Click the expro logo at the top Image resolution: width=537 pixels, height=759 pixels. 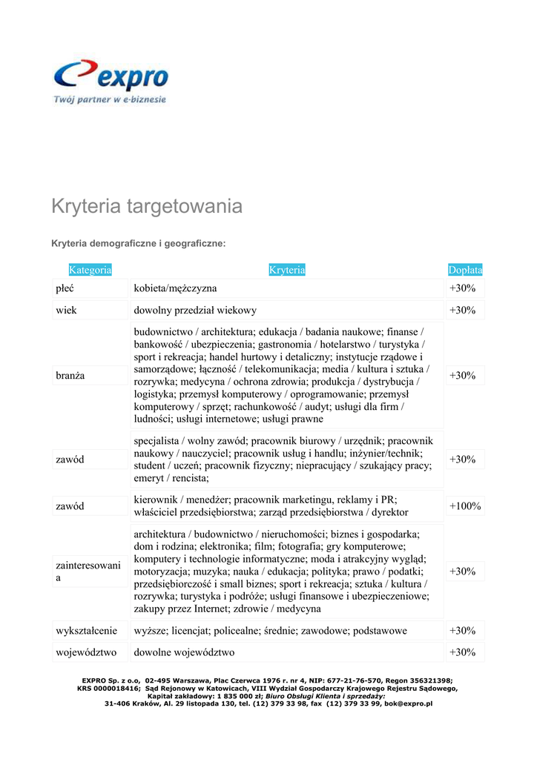point(111,76)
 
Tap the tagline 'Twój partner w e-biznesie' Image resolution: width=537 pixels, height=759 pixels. point(110,99)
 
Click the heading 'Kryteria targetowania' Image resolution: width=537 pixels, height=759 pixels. point(146,206)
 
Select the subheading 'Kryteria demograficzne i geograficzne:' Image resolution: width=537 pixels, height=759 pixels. point(138,243)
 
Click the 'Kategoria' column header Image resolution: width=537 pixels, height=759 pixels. point(90,270)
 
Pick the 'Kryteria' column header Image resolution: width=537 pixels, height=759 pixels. point(287,270)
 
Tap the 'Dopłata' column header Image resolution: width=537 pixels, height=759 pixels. point(465,270)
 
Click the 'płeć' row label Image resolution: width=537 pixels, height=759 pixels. point(65,288)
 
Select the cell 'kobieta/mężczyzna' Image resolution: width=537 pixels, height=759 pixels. point(175,288)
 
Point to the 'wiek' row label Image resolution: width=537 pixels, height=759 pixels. point(66,310)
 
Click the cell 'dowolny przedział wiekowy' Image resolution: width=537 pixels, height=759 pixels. point(195,310)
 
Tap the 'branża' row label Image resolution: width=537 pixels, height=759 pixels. point(70,376)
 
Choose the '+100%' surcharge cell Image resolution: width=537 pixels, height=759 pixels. point(465,506)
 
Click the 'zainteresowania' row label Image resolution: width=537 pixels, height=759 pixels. point(88,571)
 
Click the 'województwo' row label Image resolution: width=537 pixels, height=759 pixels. point(85,652)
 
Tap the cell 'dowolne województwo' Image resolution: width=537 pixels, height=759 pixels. point(184,652)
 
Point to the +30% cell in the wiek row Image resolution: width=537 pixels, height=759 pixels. point(462,310)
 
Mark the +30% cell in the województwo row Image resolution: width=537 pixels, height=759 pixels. point(462,652)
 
